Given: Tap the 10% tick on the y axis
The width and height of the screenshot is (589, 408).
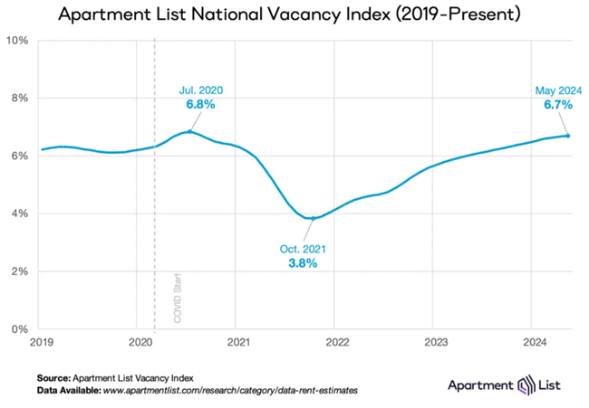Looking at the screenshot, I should [x=20, y=41].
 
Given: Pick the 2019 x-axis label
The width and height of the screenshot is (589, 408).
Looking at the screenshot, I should [x=42, y=343].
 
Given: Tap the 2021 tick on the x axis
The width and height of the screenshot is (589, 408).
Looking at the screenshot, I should [x=236, y=343].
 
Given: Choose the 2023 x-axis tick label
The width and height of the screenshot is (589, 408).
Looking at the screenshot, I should [x=432, y=343].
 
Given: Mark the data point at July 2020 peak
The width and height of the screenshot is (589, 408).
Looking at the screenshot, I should [x=189, y=131].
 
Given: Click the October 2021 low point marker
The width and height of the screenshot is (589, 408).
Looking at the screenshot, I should [x=314, y=218].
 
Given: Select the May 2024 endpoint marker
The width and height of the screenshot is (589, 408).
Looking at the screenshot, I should [x=568, y=136].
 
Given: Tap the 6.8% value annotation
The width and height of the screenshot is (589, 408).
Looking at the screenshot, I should [x=200, y=105].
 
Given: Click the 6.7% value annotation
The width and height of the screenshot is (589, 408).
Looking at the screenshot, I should [x=557, y=104].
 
